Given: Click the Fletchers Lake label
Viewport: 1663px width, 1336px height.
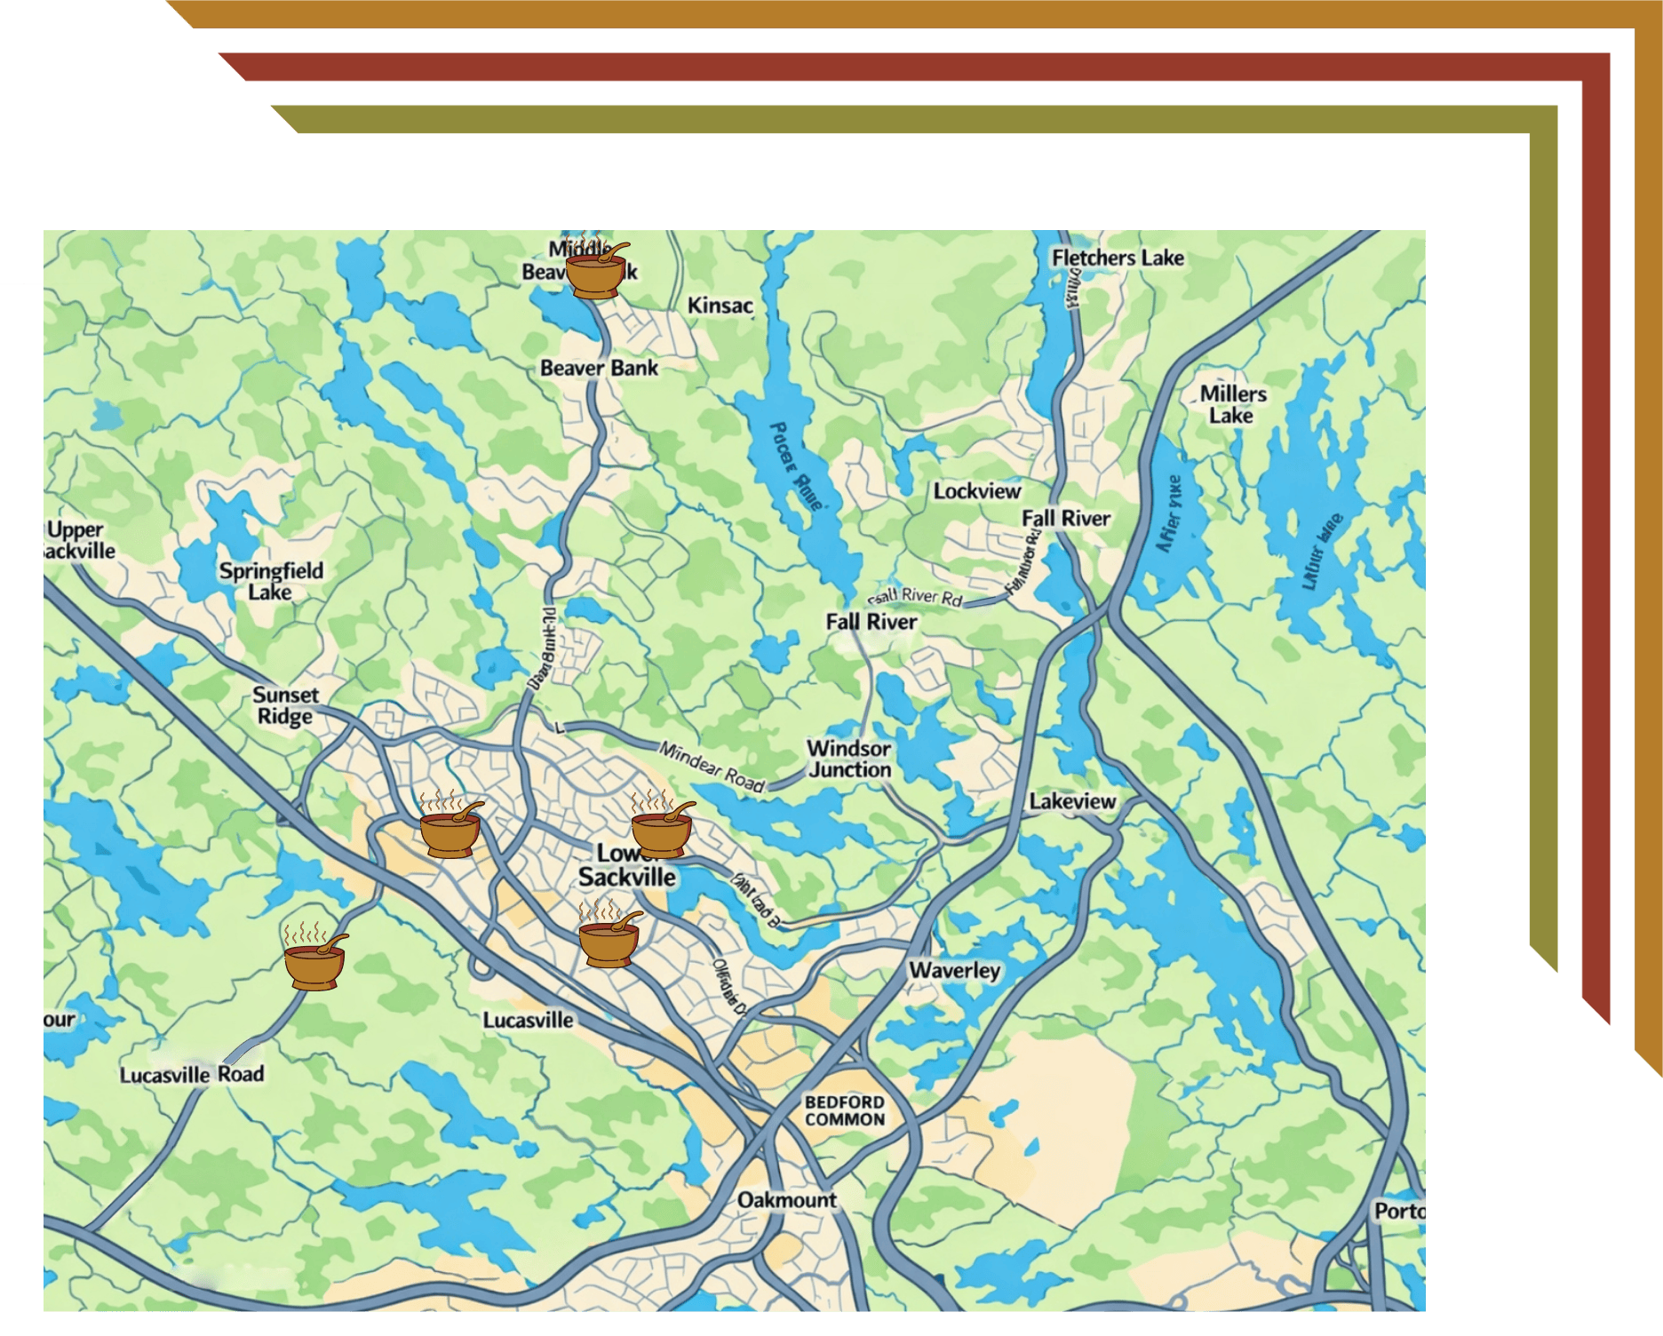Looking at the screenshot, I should click(x=1118, y=258).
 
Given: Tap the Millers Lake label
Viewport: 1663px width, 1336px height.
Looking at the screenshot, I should click(x=1232, y=404).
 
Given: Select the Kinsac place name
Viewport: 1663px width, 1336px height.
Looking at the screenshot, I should click(x=720, y=306).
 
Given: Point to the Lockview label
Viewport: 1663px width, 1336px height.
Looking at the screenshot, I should click(x=976, y=490).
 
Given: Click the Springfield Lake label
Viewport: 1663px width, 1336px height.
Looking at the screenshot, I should click(x=271, y=581).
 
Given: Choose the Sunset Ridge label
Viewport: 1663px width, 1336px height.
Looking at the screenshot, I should click(x=284, y=705).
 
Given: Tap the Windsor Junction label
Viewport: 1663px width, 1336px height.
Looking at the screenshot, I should click(x=848, y=759).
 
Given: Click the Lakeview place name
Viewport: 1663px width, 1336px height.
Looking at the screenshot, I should click(x=1072, y=801).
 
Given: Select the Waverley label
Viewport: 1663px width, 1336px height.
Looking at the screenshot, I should click(x=954, y=970).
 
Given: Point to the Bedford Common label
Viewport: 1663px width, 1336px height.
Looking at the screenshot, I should click(x=844, y=1110).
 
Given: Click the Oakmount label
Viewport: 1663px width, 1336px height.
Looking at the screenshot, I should click(x=786, y=1200).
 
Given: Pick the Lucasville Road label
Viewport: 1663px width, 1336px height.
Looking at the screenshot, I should click(x=192, y=1074).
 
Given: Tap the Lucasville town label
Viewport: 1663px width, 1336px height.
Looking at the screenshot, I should click(x=528, y=1020).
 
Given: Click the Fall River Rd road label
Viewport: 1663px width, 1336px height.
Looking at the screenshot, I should click(x=915, y=597).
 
